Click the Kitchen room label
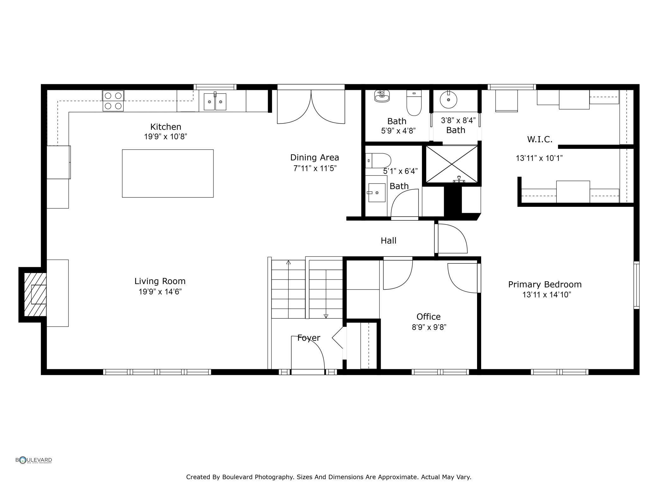[165, 127]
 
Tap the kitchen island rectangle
[168, 174]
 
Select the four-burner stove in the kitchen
[113, 101]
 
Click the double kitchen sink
[215, 102]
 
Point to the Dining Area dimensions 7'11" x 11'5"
[315, 168]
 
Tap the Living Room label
[160, 281]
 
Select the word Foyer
[309, 338]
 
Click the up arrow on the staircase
[288, 263]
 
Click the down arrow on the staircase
[326, 316]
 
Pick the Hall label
[388, 241]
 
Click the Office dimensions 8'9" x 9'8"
[429, 327]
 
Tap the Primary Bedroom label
[545, 284]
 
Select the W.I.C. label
[540, 139]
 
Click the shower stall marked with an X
[452, 164]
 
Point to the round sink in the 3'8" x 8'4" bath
[449, 99]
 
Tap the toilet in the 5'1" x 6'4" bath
[378, 161]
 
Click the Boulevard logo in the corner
[34, 460]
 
